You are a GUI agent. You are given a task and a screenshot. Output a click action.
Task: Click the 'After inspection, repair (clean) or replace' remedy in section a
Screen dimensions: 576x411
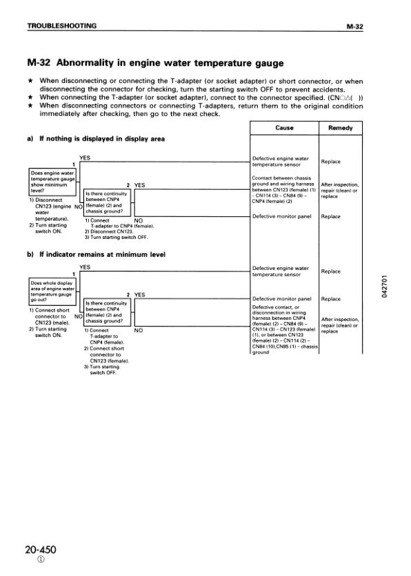tap(341, 190)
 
